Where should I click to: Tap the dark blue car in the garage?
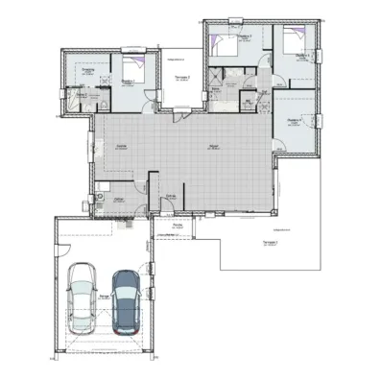(x=125, y=300)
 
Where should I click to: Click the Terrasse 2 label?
(x=181, y=77)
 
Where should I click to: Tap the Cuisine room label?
(x=122, y=146)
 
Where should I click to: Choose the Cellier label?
(x=119, y=199)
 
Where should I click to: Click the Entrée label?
(x=171, y=196)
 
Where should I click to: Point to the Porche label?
(x=178, y=226)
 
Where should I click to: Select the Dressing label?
(x=87, y=70)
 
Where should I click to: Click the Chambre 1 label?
(x=129, y=81)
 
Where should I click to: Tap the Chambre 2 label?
(x=244, y=36)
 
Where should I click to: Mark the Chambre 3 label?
(x=302, y=57)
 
